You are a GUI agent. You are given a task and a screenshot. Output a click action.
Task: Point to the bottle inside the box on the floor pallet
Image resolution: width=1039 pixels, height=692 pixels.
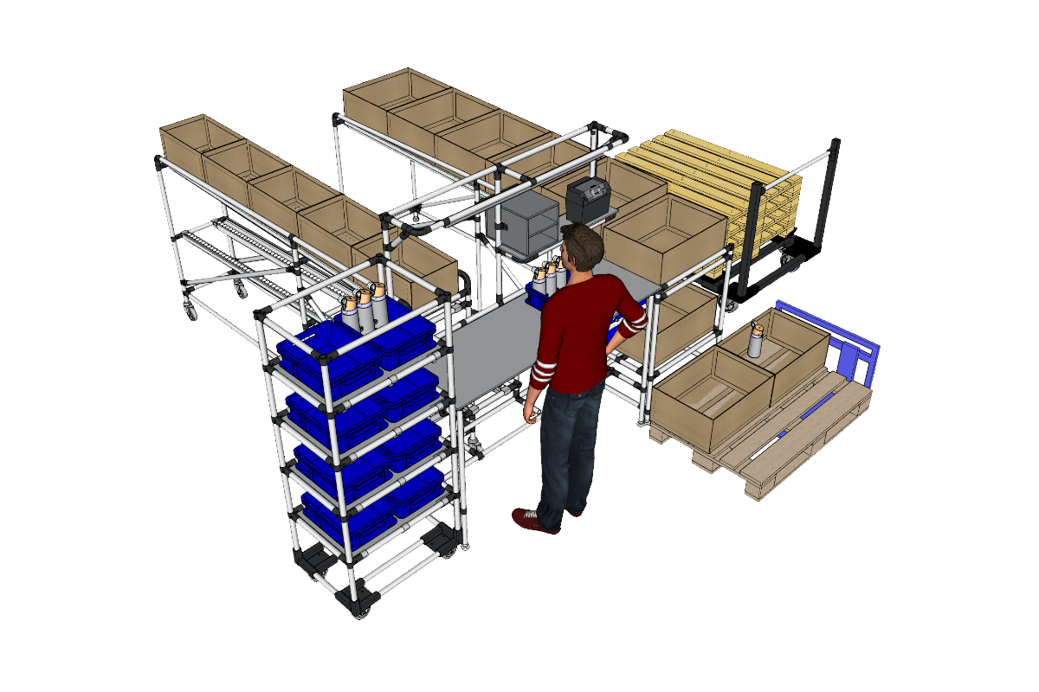click(x=757, y=341)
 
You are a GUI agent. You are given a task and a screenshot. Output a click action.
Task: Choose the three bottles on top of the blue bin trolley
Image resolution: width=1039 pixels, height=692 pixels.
click(x=364, y=307)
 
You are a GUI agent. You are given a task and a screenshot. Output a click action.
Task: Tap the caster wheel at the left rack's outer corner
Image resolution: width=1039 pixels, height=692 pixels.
click(x=190, y=311)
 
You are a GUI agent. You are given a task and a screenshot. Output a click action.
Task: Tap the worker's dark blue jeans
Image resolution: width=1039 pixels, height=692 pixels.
click(x=567, y=450)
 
